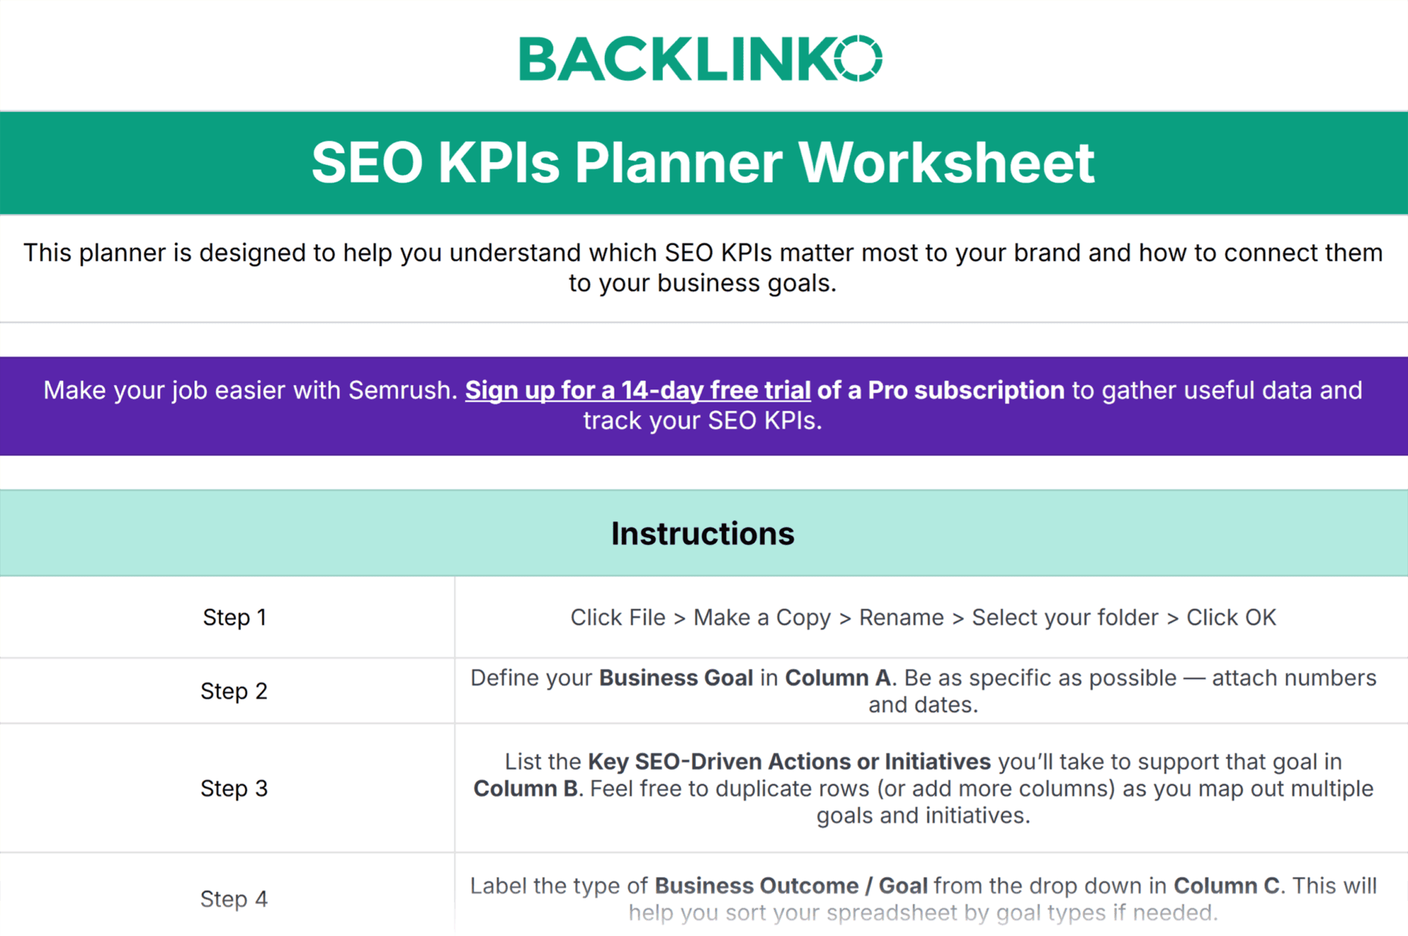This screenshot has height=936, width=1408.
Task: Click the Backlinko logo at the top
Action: point(700,59)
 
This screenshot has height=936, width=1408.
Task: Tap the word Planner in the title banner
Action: point(678,162)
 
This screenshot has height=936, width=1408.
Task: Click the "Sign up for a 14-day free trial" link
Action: point(637,390)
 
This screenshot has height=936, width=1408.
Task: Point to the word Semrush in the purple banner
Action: point(399,390)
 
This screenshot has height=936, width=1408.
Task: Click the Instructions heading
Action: point(703,533)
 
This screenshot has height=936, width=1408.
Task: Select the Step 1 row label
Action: point(235,618)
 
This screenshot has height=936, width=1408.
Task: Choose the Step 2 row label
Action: point(234,691)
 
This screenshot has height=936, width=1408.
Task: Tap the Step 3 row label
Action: point(234,789)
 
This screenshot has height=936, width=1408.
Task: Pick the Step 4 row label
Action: point(234,899)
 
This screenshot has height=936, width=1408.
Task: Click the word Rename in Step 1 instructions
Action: point(901,618)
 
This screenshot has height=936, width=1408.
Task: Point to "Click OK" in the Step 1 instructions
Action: point(1231,618)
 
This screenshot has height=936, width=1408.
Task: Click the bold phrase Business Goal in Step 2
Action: point(675,678)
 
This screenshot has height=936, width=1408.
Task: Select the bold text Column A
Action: point(838,678)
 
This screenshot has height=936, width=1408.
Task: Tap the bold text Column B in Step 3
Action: point(526,789)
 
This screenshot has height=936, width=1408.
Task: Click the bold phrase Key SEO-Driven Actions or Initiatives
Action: point(789,761)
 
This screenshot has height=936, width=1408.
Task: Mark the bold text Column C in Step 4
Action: point(1227,886)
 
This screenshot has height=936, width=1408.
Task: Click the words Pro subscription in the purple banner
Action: point(965,390)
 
